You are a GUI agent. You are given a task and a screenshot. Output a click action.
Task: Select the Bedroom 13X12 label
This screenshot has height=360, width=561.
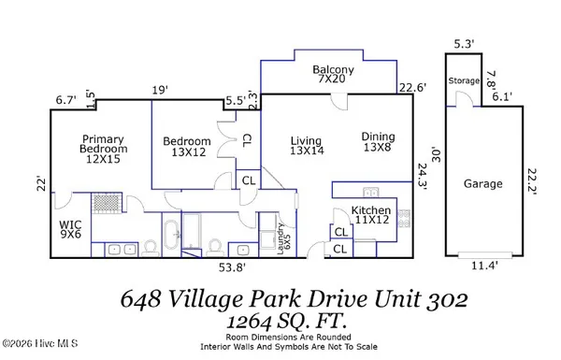point(186,148)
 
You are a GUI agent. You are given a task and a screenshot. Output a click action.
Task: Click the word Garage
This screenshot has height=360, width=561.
point(483,185)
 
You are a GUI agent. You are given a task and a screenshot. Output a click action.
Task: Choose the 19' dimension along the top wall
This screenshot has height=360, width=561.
point(160,90)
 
